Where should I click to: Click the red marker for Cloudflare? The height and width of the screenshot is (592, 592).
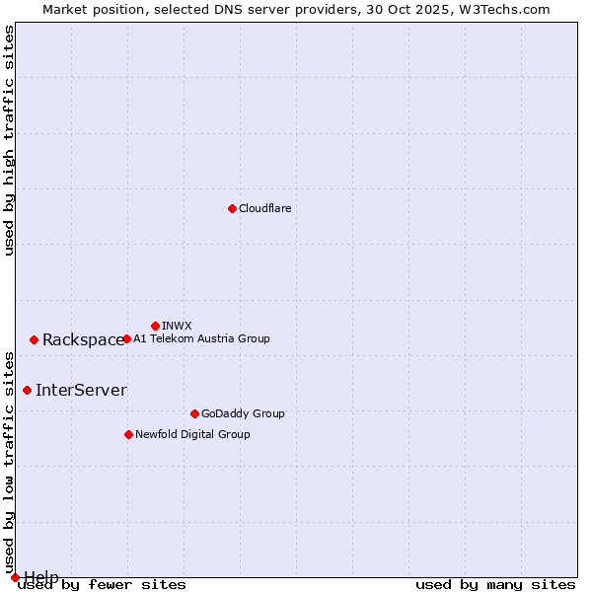[232, 208]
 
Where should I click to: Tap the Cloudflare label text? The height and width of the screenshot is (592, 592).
[264, 208]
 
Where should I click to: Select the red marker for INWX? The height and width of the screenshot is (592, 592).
[155, 326]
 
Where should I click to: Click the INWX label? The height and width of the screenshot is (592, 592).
[177, 326]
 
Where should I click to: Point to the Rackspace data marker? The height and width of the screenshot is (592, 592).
[34, 339]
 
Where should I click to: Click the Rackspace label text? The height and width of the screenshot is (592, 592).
[83, 339]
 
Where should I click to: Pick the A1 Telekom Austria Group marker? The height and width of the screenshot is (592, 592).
[126, 338]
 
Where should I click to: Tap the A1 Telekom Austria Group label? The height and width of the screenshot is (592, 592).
[201, 338]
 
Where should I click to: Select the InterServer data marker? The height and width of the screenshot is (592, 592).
[27, 390]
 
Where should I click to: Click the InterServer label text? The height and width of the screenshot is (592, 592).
[81, 390]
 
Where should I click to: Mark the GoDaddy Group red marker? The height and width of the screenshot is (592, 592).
[194, 413]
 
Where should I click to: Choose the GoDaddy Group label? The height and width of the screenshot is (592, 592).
[243, 413]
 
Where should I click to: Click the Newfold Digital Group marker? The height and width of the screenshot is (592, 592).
[128, 434]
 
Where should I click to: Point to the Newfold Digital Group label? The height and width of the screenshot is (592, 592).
[192, 434]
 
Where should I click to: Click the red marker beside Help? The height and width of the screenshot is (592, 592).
[15, 577]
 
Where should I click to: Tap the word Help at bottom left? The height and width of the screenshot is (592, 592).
[41, 577]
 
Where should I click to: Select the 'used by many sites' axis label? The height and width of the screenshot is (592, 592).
[495, 584]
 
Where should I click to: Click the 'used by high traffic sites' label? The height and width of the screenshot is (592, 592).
[9, 140]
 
